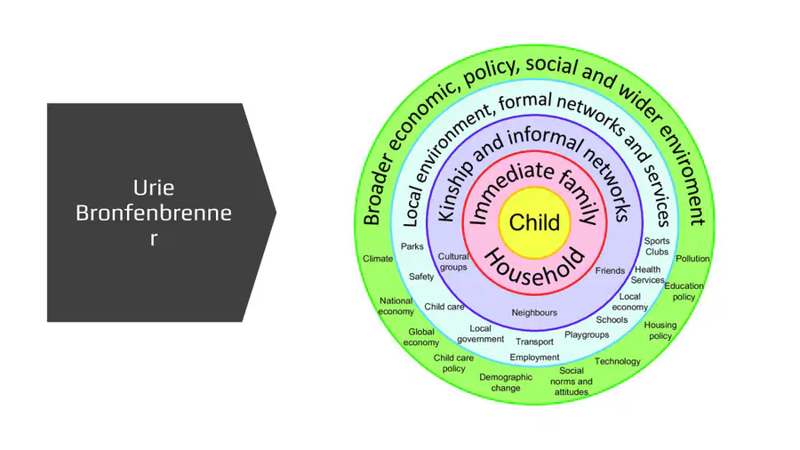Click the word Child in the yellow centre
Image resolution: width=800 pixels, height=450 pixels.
[534, 222]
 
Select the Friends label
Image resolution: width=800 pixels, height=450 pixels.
[610, 271]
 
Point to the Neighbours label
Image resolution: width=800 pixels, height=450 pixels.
[534, 312]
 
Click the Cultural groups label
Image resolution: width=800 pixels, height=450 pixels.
[453, 261]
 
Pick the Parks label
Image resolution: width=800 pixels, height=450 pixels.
[412, 246]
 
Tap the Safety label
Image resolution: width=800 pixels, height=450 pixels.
[421, 277]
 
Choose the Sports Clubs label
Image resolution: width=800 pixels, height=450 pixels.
[657, 246]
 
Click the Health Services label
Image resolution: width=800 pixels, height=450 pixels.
[647, 275]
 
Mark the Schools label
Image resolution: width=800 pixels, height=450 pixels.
[612, 320]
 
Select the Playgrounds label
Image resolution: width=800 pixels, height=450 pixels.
[587, 334]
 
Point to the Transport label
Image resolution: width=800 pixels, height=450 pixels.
[534, 342]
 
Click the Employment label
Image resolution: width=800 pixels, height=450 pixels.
[534, 358]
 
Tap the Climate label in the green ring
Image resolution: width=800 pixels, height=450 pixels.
[378, 259]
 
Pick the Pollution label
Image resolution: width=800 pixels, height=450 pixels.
[692, 259]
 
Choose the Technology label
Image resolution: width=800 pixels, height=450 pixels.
[618, 361]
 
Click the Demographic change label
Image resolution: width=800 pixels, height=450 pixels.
[506, 382]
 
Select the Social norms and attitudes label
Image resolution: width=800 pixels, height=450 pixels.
[572, 382]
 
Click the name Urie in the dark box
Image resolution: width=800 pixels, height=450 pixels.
[154, 188]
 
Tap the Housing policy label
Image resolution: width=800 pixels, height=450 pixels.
[660, 330]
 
